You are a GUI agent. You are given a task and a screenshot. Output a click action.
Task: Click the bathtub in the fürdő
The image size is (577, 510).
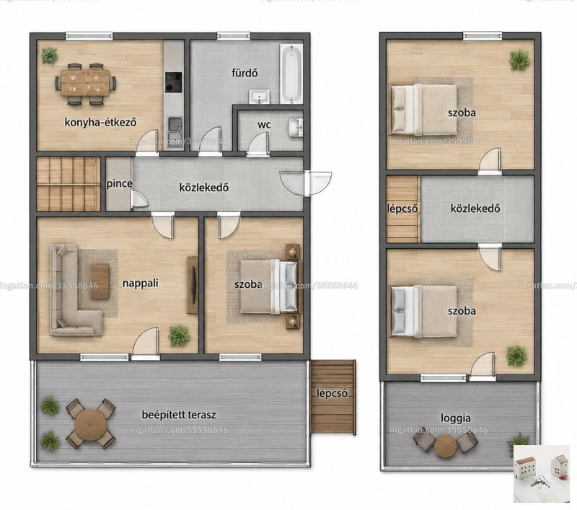(x=291, y=74)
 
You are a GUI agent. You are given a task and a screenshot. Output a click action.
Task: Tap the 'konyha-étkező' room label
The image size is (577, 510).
(x=100, y=122)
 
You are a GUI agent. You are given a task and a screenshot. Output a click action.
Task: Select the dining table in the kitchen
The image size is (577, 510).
(x=86, y=83)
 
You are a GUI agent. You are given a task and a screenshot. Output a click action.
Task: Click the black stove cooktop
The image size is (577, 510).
(x=173, y=82)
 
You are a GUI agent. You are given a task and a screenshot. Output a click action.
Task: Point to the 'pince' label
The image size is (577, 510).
(x=119, y=184)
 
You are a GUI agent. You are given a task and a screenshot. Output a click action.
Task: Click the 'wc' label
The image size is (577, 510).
(x=264, y=125)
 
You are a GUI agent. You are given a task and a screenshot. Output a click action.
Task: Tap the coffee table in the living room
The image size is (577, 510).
(x=100, y=281)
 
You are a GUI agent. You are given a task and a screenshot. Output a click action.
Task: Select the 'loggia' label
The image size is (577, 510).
(x=456, y=418)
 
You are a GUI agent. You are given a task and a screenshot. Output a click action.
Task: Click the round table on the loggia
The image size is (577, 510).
(x=446, y=446)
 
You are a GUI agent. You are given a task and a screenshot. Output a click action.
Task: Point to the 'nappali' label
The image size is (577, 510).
(x=140, y=283)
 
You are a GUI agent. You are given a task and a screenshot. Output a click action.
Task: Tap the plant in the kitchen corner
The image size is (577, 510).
(x=49, y=56)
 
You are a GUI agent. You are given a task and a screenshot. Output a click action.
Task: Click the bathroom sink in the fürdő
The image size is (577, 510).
(x=260, y=97)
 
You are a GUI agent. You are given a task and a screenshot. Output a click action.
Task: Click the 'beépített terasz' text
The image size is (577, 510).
(x=179, y=415)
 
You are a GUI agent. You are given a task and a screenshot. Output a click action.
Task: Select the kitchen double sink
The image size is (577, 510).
(x=174, y=132)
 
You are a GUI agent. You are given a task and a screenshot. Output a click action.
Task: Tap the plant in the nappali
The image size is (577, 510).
(x=179, y=335)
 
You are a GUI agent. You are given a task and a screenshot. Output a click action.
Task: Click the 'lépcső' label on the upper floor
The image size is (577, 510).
(x=402, y=208)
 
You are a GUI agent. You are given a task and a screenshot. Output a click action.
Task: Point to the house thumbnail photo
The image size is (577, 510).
(x=542, y=473)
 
